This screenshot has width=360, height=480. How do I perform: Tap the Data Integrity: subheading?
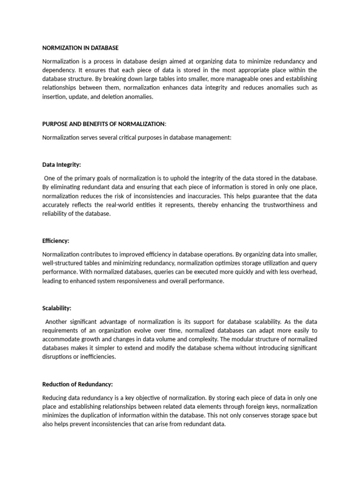coord(61,165)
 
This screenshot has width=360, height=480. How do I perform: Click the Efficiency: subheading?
coord(56,240)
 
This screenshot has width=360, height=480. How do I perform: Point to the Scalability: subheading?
coord(57,308)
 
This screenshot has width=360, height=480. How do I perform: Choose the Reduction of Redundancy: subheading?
coord(77,384)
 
